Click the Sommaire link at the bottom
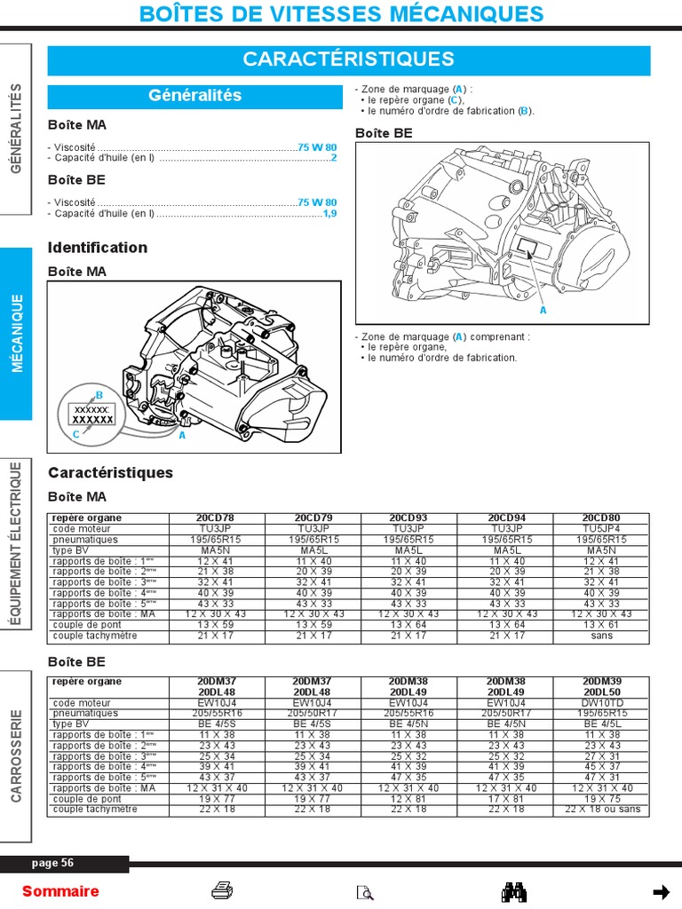60,891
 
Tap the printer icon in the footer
222,891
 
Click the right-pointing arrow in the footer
661,891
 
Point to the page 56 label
53,863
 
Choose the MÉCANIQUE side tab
17,333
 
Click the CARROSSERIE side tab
17,755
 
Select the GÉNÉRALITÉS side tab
17,128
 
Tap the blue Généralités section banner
194,96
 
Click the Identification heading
98,248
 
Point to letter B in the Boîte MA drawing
99,395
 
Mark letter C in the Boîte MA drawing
76,434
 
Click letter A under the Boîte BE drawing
543,311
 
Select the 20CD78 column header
216,518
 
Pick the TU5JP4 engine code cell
601,528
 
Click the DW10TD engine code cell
602,703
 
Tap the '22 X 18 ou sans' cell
602,810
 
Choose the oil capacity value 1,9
329,213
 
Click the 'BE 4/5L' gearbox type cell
602,724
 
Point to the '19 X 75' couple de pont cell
602,799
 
